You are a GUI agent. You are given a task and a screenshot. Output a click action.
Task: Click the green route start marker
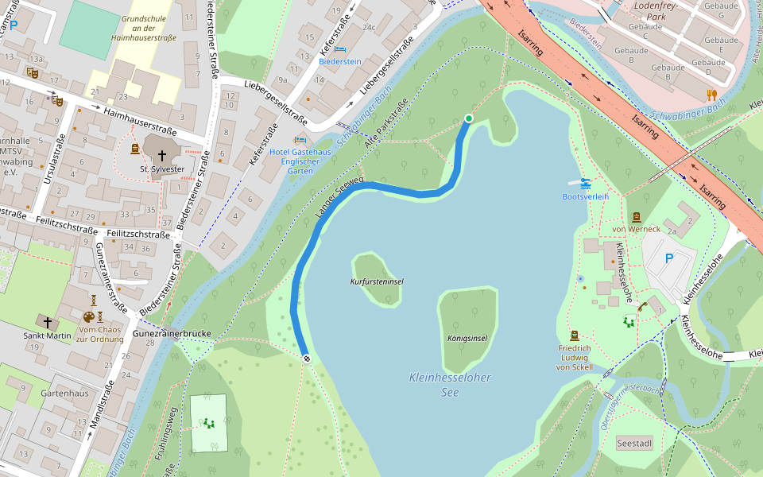coord(468,118)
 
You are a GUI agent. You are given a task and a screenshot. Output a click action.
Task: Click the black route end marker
coord(307,359)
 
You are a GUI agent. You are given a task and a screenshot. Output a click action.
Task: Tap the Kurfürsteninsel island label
coord(377,282)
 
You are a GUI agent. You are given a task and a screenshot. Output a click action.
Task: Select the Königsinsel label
coord(467,338)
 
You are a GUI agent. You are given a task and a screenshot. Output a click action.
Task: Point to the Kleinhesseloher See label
coord(450,385)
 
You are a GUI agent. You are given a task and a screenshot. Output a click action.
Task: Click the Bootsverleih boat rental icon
coord(585,184)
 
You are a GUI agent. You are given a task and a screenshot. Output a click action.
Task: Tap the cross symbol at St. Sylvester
coord(162,155)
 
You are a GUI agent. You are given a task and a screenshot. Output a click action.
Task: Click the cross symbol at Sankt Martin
coord(48,323)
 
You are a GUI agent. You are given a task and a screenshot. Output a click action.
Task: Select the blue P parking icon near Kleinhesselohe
coord(668,258)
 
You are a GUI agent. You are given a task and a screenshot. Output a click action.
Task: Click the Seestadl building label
coord(633,443)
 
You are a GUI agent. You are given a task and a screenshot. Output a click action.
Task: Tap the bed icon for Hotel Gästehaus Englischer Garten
coord(300,140)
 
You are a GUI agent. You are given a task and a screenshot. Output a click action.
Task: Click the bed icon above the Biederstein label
coord(340,49)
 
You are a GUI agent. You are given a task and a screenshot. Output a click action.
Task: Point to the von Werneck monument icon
coord(636,217)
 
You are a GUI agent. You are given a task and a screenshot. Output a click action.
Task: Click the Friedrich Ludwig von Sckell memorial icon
coord(574,335)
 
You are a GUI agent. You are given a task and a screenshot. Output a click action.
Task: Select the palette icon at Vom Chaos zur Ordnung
coord(89,317)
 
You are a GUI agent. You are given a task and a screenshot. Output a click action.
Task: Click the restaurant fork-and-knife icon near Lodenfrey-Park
coord(711,95)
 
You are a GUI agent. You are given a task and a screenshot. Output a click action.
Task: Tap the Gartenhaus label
coord(65,394)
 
